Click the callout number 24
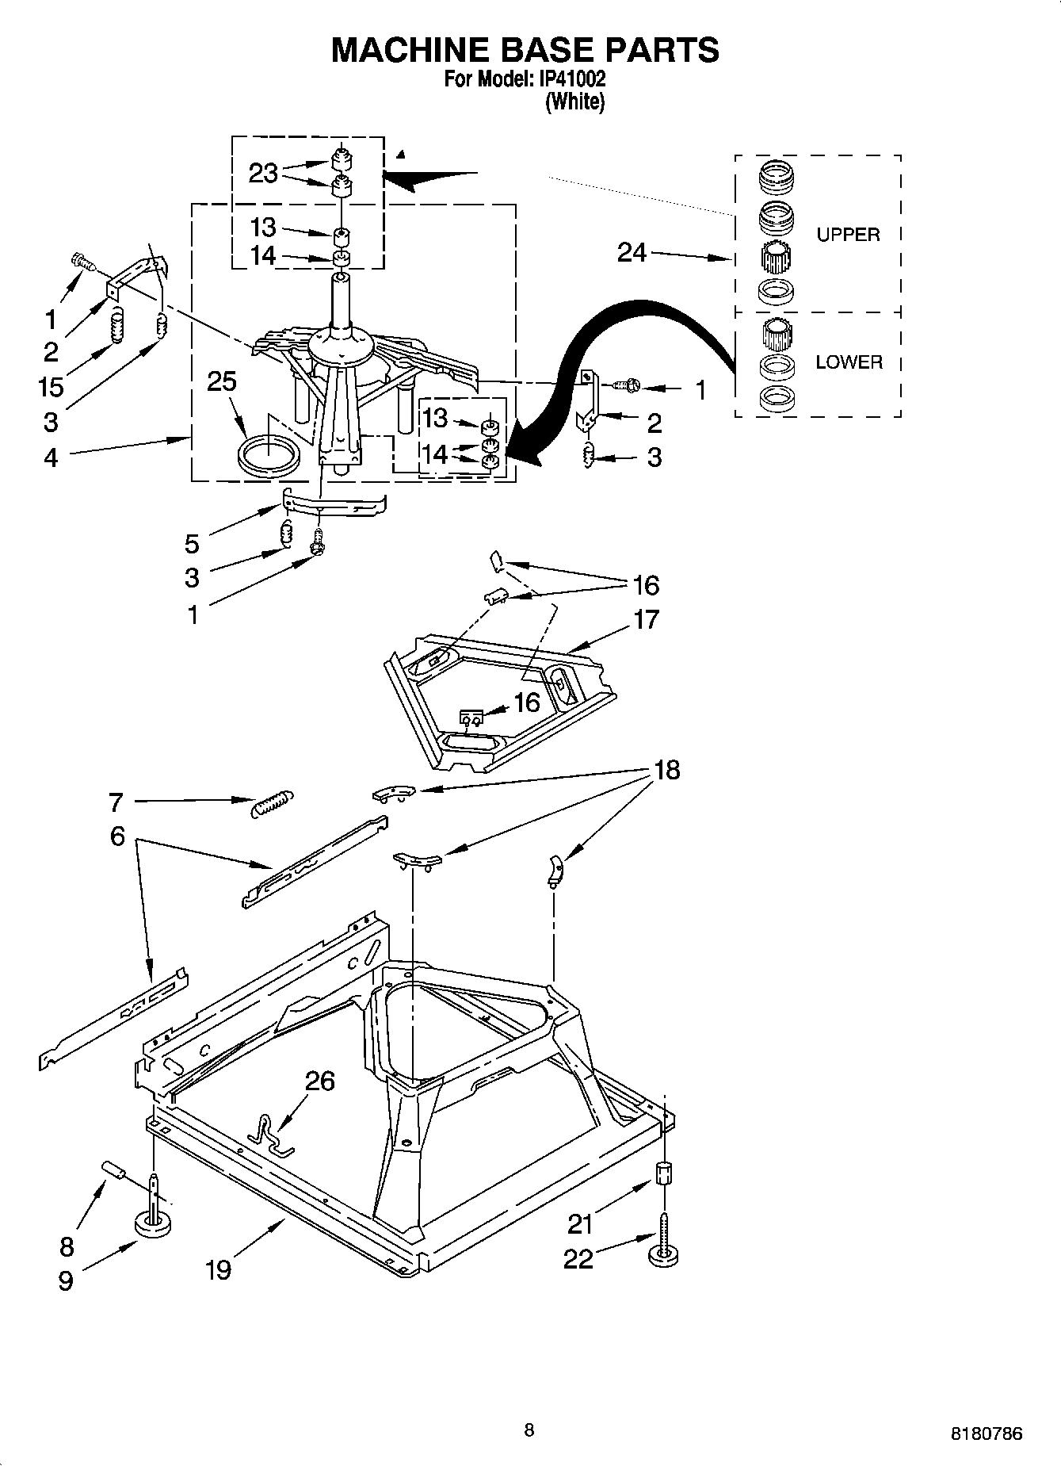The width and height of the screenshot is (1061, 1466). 632,253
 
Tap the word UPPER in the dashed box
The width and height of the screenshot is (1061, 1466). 848,235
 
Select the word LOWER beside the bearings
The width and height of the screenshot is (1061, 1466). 849,362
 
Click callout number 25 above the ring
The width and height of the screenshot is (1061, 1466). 222,381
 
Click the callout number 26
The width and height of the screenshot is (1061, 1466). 320,1081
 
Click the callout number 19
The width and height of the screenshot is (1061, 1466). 218,1269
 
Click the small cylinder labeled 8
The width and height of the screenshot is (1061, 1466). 114,1169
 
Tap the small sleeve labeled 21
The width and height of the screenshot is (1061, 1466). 664,1173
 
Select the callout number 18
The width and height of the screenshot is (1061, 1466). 667,770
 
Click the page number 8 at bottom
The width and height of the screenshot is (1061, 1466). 529,1430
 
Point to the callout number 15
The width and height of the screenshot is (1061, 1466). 51,386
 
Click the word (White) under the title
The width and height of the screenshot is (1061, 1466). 575,101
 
